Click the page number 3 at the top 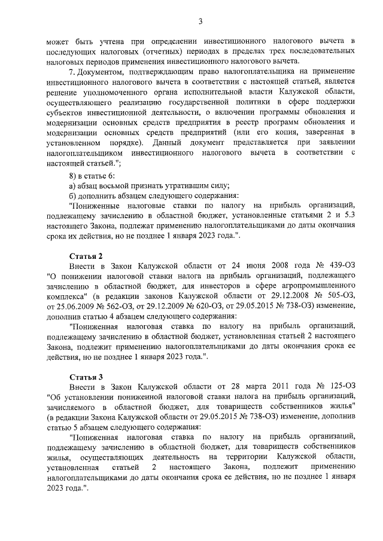(x=201, y=22)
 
